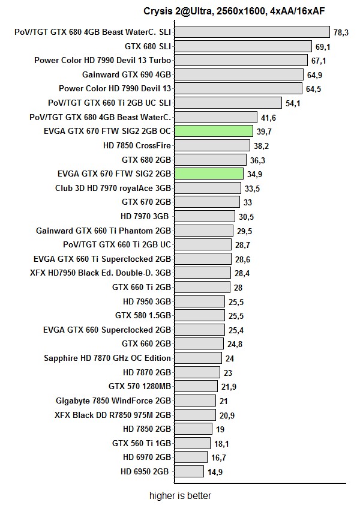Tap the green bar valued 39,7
(214, 131)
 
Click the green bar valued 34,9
(209, 174)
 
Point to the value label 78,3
(341, 32)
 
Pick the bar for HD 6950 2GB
(190, 471)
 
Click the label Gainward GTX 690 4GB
(127, 74)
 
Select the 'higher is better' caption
(180, 496)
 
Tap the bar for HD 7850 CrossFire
(212, 145)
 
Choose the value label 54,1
(293, 103)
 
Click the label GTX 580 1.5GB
(143, 316)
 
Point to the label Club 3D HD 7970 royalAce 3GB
(113, 188)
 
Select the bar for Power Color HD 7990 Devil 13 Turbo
(241, 60)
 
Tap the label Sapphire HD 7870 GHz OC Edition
(107, 358)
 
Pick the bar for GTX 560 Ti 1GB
(193, 443)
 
